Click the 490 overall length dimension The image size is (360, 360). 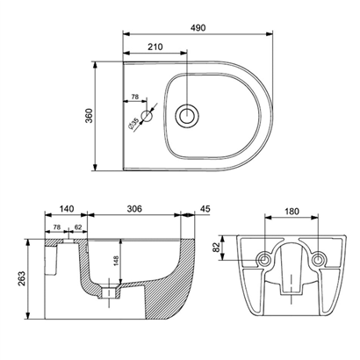pyautogui.click(x=198, y=28)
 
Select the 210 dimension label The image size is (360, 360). pyautogui.click(x=155, y=47)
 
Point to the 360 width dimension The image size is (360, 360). pyautogui.click(x=89, y=116)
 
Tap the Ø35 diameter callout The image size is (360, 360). pyautogui.click(x=133, y=124)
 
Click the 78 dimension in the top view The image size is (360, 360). pyautogui.click(x=135, y=97)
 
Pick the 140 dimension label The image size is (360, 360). pyautogui.click(x=67, y=209)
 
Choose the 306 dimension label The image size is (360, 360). pyautogui.click(x=134, y=209)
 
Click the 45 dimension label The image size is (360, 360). pyautogui.click(x=205, y=209)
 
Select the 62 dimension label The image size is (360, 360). pyautogui.click(x=78, y=227)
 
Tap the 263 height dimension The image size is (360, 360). pyautogui.click(x=23, y=279)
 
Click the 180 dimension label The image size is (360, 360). pyautogui.click(x=292, y=211)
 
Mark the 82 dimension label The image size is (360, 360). pyautogui.click(x=216, y=248)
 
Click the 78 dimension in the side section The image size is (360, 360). pyautogui.click(x=57, y=227)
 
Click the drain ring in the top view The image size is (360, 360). pyautogui.click(x=187, y=116)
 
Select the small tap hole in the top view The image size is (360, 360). pyautogui.click(x=147, y=116)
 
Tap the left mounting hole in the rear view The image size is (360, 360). pyautogui.click(x=265, y=259)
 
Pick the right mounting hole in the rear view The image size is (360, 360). pyautogui.click(x=318, y=259)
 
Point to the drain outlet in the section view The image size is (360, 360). pyautogui.click(x=109, y=292)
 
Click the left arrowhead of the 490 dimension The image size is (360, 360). pyautogui.click(x=126, y=34)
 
